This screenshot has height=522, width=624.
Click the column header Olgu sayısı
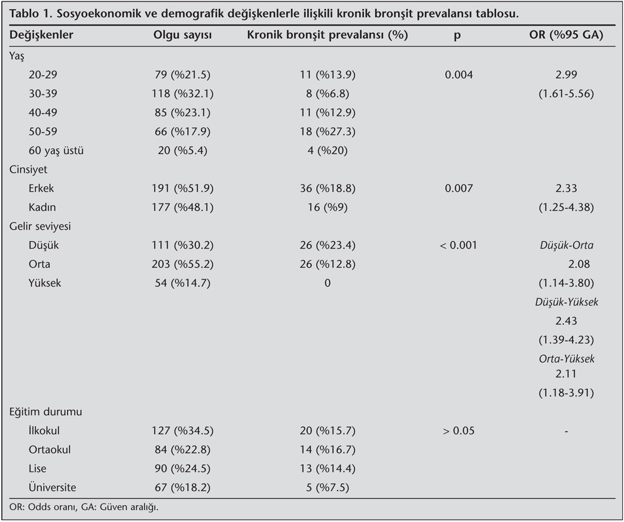[x=183, y=35]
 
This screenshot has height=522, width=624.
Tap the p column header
[x=457, y=35]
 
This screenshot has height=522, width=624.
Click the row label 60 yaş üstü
[x=56, y=151]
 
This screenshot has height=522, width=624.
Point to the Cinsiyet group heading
[x=27, y=169]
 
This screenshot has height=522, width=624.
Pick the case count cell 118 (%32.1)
[x=183, y=94]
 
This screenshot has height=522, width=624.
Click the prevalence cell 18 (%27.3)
[x=327, y=131]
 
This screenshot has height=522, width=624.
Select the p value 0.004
[x=458, y=75]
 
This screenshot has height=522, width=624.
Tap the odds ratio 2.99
[x=565, y=75]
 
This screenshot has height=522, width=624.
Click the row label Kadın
[x=42, y=207]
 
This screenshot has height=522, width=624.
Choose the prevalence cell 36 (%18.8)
[x=327, y=188]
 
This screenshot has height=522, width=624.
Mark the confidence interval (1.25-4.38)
[x=565, y=207]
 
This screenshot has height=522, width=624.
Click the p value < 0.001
[x=458, y=245]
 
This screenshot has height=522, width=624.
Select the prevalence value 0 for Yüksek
[x=327, y=283]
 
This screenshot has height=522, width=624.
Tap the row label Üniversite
[x=52, y=487]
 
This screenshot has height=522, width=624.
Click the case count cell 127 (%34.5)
[x=183, y=431]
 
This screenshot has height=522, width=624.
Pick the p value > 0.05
[x=458, y=431]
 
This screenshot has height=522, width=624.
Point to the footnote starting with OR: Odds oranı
[x=84, y=508]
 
